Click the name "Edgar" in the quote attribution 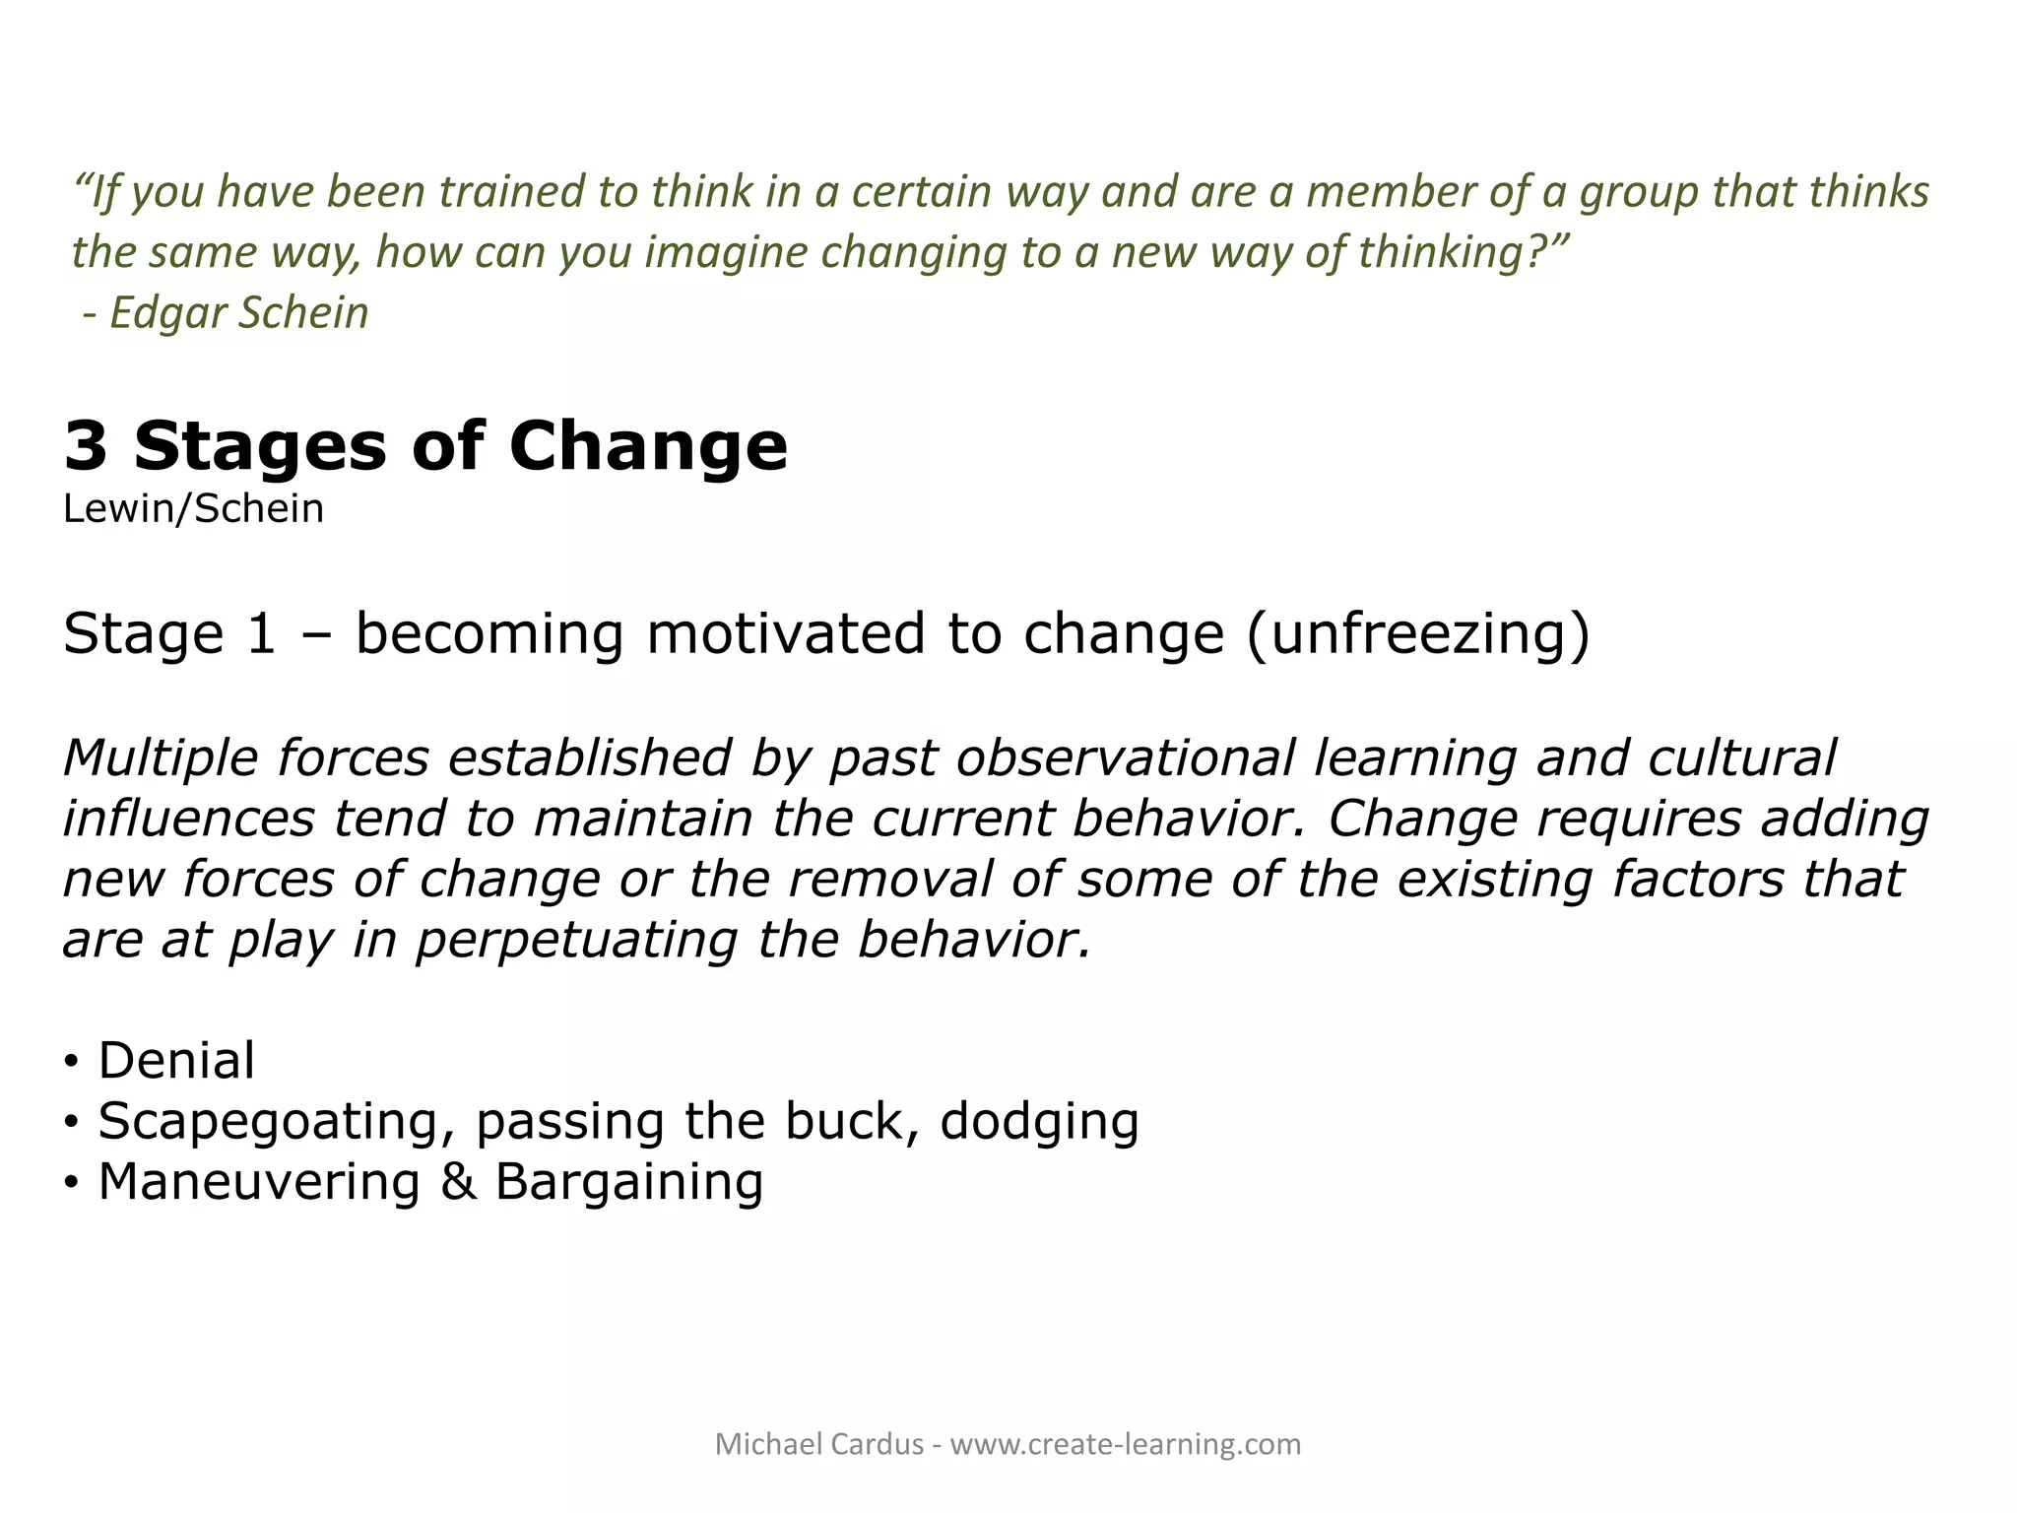click(x=167, y=313)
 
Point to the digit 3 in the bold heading click(x=86, y=446)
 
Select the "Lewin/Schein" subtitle click(x=193, y=509)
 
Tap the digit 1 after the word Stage click(x=261, y=632)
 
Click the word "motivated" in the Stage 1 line click(x=786, y=632)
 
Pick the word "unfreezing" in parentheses click(x=1417, y=632)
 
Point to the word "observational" click(x=1123, y=758)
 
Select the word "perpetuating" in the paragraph click(x=576, y=940)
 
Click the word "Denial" click(x=176, y=1061)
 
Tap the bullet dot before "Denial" click(x=71, y=1062)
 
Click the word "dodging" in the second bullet click(x=1039, y=1122)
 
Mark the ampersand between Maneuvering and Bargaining click(x=458, y=1182)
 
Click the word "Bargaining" click(x=628, y=1182)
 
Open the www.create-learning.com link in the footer click(x=1125, y=1444)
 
